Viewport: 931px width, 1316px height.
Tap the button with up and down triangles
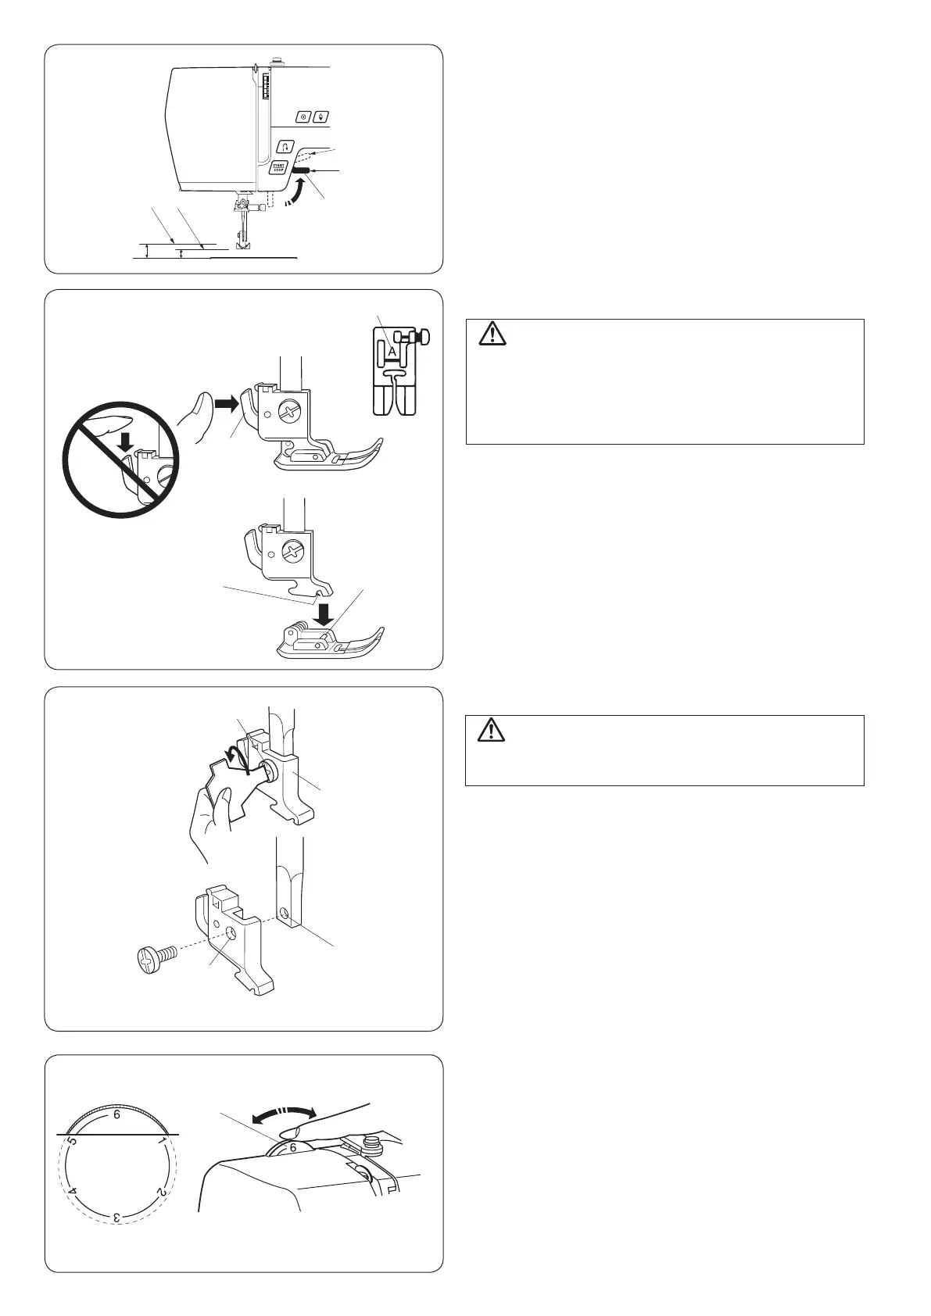pos(320,117)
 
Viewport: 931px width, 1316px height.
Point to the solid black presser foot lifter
pos(300,168)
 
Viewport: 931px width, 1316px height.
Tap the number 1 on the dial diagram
pos(161,1142)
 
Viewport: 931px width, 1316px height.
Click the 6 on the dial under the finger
pos(293,1147)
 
